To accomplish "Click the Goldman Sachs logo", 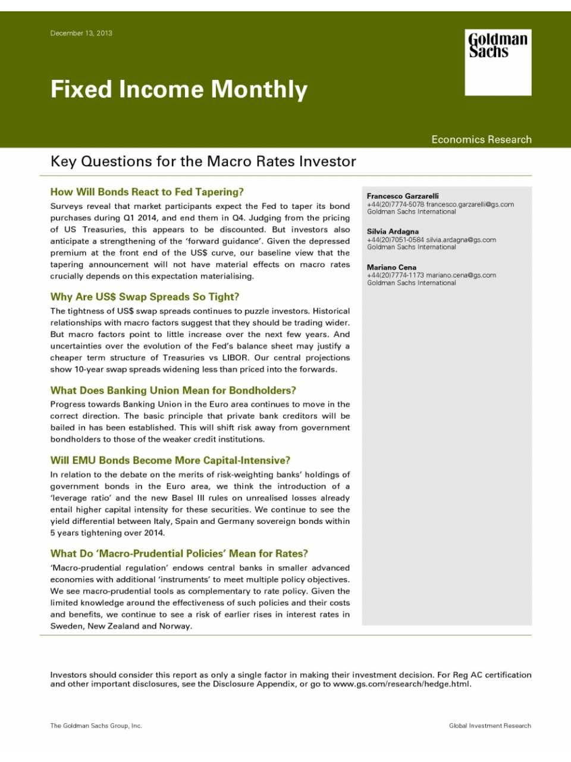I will pyautogui.click(x=498, y=62).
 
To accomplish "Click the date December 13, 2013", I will pyautogui.click(x=81, y=33).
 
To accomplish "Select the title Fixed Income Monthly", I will pyautogui.click(x=179, y=89).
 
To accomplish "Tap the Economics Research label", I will pyautogui.click(x=481, y=139).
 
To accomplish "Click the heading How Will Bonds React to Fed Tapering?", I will pyautogui.click(x=147, y=192).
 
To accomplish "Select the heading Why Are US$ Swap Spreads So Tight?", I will pyautogui.click(x=145, y=297).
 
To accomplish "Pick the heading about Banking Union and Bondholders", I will pyautogui.click(x=173, y=391).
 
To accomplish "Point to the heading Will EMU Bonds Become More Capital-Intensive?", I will pyautogui.click(x=170, y=461).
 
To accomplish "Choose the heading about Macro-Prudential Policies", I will pyautogui.click(x=179, y=554).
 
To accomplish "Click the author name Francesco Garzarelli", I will pyautogui.click(x=403, y=196).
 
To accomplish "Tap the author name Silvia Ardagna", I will pyautogui.click(x=393, y=232).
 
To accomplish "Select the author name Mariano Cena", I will pyautogui.click(x=391, y=267).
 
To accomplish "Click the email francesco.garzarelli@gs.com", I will pyautogui.click(x=470, y=204).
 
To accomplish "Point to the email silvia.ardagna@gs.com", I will pyautogui.click(x=461, y=240).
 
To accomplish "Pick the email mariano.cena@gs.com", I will pyautogui.click(x=461, y=275).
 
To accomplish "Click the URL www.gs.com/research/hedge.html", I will pyautogui.click(x=401, y=684).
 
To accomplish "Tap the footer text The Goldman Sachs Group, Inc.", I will pyautogui.click(x=96, y=726).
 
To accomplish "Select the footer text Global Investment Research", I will pyautogui.click(x=490, y=726).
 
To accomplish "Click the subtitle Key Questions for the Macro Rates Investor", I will pyautogui.click(x=203, y=162).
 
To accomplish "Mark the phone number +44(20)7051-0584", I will pyautogui.click(x=396, y=240).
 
